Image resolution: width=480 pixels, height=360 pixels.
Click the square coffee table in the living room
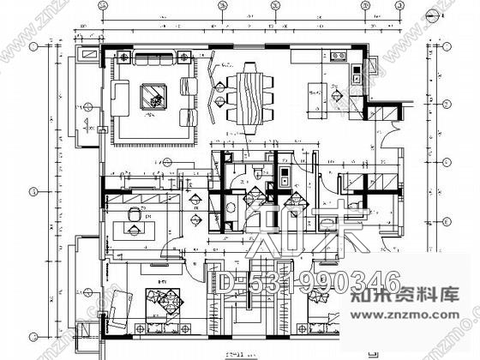pyautogui.click(x=153, y=94)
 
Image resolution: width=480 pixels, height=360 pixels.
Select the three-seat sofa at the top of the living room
pyautogui.click(x=154, y=60)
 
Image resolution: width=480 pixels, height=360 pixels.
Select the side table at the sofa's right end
pyautogui.click(x=183, y=59)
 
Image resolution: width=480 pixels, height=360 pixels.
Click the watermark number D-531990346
pyautogui.click(x=309, y=283)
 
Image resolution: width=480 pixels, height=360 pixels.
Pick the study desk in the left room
pyautogui.click(x=137, y=230)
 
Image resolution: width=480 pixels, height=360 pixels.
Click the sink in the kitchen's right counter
pyautogui.click(x=354, y=72)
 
